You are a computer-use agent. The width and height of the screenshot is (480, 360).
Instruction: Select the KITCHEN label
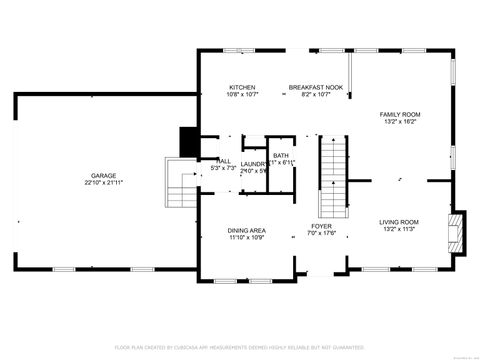[x=243, y=87]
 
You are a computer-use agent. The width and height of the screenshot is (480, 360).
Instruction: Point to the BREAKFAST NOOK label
[x=316, y=87]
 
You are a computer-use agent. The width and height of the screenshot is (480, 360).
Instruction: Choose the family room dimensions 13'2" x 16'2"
[x=398, y=122]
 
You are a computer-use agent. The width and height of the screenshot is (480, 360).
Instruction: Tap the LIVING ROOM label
[x=398, y=221]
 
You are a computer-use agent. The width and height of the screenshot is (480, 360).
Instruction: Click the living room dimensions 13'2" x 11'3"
[x=398, y=229]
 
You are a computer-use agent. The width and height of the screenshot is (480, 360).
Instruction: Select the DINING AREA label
[x=245, y=230]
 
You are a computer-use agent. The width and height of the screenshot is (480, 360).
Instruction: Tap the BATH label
[x=281, y=155]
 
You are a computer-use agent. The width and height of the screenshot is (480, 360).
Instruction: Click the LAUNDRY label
[x=253, y=163]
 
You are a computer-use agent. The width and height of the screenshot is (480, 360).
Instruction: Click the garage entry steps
[x=181, y=184]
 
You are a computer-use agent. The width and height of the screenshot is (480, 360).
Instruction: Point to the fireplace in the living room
[x=457, y=229]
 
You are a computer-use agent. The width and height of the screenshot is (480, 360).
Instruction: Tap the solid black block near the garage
[x=187, y=141]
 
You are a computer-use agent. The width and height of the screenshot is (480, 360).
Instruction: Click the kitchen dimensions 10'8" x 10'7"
[x=243, y=95]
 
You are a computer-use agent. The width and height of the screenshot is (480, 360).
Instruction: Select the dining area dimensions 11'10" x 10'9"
[x=245, y=238]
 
